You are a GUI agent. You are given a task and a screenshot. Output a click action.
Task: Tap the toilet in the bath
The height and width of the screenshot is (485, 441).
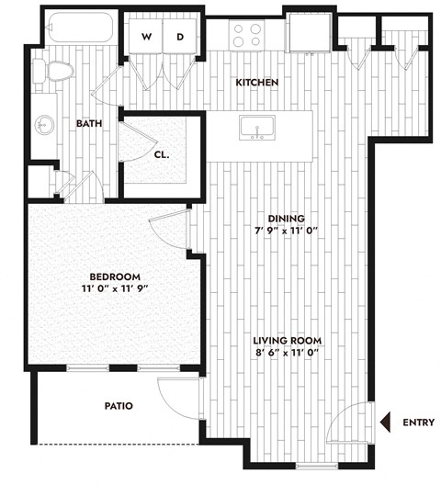(56, 70)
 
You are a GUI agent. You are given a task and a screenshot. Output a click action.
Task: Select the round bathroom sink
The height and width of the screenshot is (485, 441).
(43, 124)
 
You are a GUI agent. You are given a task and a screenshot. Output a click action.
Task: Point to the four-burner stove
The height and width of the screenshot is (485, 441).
(247, 36)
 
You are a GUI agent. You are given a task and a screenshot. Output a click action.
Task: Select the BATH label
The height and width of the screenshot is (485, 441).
(89, 123)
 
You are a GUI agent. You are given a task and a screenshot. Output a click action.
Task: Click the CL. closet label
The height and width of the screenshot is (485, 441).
(161, 154)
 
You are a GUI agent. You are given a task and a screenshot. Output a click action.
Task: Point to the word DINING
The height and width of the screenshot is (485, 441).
(286, 218)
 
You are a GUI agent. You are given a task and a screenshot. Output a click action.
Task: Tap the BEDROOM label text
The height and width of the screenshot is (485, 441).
(114, 276)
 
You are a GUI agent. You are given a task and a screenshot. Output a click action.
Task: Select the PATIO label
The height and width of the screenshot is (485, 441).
(119, 405)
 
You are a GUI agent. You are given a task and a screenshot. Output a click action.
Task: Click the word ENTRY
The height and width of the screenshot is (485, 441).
(418, 423)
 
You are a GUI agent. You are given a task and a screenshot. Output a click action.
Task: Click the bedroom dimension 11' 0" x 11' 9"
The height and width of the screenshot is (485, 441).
(114, 289)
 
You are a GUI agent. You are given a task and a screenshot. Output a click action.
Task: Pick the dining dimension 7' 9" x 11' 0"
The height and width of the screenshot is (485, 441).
(286, 231)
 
